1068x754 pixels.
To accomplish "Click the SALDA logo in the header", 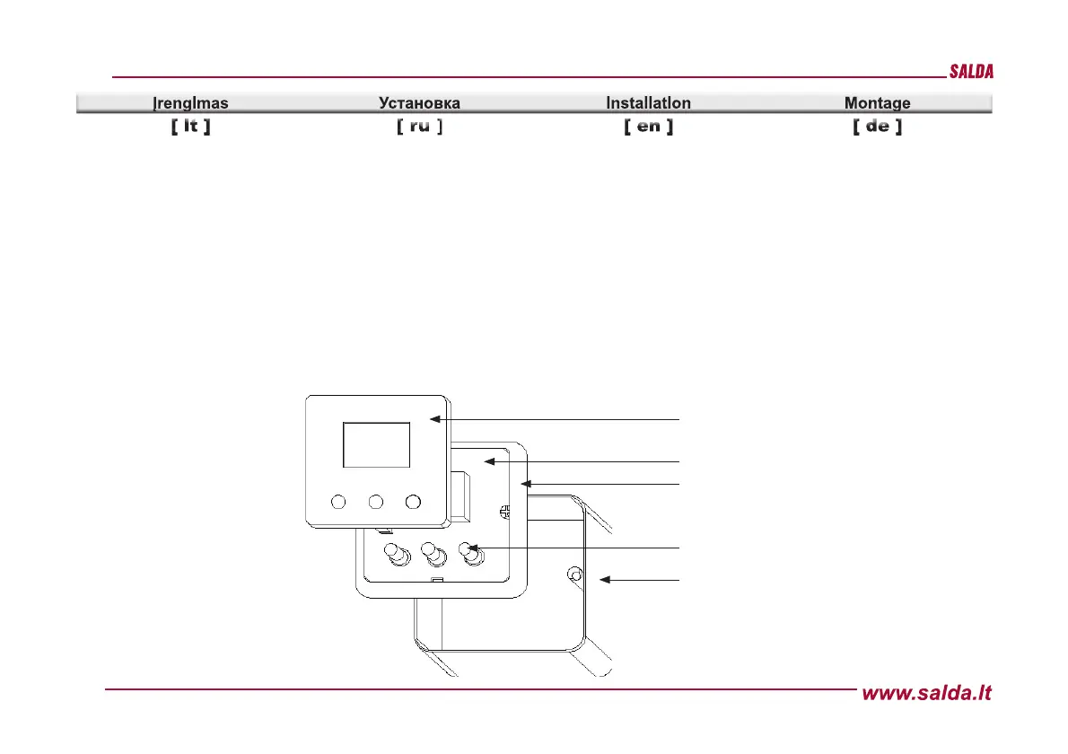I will (971, 73).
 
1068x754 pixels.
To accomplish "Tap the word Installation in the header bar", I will (648, 103).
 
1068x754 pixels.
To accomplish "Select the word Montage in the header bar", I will (877, 103).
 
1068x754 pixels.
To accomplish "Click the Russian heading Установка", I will (419, 103).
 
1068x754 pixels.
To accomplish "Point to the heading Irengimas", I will (190, 103).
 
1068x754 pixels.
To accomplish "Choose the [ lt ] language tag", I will (190, 127).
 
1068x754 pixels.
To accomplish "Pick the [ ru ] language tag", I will (419, 127).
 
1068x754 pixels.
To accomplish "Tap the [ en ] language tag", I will (648, 127).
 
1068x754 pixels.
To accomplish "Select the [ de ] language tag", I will (877, 127).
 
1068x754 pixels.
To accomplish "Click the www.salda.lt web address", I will (927, 693).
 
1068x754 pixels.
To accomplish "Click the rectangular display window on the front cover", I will (376, 446).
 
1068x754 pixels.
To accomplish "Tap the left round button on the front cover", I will (338, 502).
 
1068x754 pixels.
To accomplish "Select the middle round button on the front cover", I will (376, 502).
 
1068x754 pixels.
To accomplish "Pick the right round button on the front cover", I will (413, 502).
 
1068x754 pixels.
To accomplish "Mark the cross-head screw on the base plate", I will (504, 512).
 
